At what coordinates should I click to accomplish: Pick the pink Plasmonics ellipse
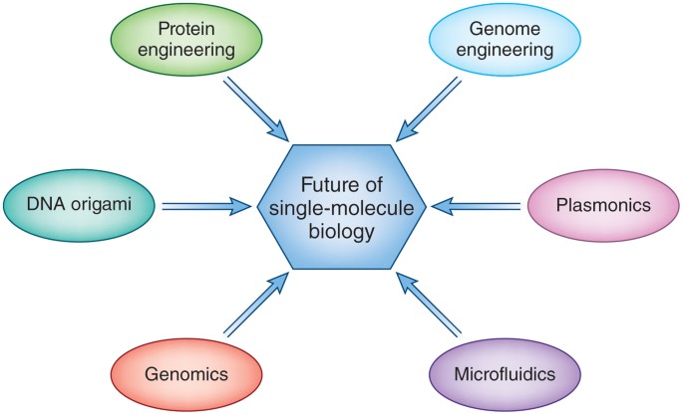click(604, 206)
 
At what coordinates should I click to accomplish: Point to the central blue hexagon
click(341, 206)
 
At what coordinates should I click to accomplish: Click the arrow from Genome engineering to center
click(431, 109)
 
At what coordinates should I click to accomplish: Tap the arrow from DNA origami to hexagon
click(204, 206)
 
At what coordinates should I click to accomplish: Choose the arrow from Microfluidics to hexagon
click(431, 305)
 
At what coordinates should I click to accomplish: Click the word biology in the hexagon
click(341, 232)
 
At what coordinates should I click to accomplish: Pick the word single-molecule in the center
click(341, 208)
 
